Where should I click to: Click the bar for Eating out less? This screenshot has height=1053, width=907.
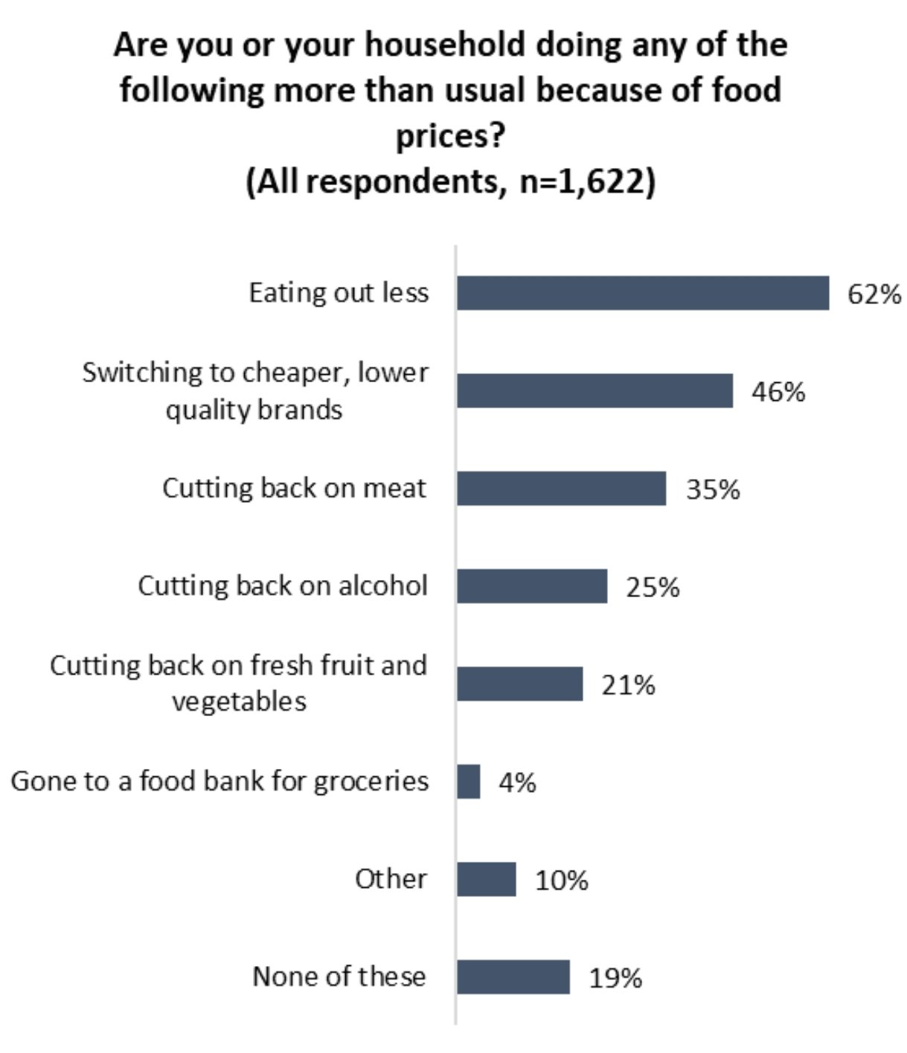[642, 293]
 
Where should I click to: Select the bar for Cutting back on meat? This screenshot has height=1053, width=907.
[561, 489]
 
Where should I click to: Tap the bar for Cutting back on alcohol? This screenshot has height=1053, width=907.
[531, 586]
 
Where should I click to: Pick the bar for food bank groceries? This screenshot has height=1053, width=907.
[468, 782]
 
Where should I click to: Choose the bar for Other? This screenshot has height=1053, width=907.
[486, 879]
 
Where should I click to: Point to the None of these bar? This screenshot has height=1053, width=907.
[513, 976]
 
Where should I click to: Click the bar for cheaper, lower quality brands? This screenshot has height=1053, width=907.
[594, 390]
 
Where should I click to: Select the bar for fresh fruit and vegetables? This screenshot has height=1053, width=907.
[519, 683]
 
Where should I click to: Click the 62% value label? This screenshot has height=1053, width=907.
[874, 294]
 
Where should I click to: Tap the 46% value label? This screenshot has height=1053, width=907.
[778, 391]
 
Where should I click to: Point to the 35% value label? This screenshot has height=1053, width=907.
[712, 489]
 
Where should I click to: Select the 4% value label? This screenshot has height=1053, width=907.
[517, 782]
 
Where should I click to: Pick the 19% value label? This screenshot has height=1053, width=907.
[615, 977]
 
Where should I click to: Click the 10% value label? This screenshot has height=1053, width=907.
[561, 880]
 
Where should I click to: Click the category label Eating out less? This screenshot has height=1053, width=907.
[339, 292]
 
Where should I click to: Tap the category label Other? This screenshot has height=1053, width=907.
[391, 878]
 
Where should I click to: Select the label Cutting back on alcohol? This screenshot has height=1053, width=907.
[283, 585]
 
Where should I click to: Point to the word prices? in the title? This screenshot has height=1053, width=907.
[450, 135]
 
